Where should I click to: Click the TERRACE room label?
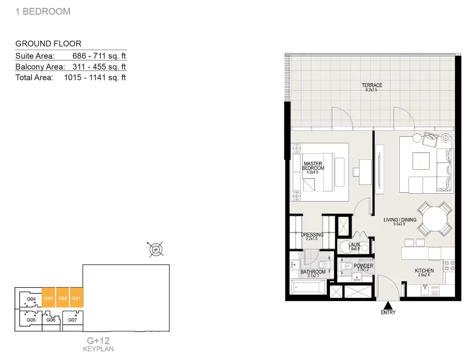371,86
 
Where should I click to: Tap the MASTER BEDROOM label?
313,166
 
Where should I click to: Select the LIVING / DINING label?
400,220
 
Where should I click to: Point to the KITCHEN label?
424,271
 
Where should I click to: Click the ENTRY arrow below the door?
388,305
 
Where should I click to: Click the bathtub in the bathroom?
307,288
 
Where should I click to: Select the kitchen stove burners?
449,266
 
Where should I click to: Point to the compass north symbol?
156,250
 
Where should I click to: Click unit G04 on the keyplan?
31,299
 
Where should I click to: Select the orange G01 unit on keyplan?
76,298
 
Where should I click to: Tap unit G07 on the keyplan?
72,320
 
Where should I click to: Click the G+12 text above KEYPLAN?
98,340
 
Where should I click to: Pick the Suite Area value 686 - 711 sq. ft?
99,56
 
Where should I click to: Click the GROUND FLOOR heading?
48,44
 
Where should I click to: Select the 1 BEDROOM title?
43,11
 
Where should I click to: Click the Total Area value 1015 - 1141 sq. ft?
95,78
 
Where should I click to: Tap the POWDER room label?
363,266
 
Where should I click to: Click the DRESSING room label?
312,235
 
